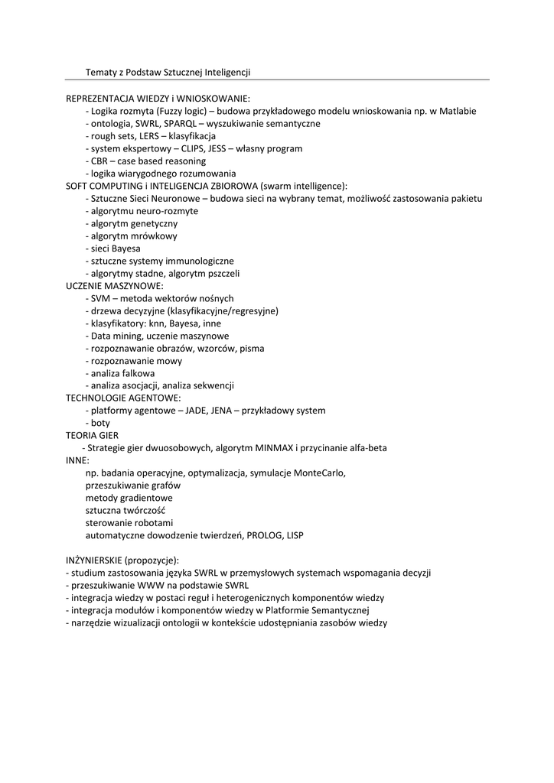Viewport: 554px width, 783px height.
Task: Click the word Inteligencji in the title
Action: [x=226, y=72]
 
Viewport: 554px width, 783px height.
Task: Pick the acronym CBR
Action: [x=99, y=161]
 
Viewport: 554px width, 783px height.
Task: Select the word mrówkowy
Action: [x=156, y=236]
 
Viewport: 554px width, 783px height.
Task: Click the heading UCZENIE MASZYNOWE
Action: [x=109, y=285]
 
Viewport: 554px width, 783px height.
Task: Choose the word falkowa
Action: [x=138, y=373]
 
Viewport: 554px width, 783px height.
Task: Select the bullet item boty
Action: [x=99, y=423]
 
